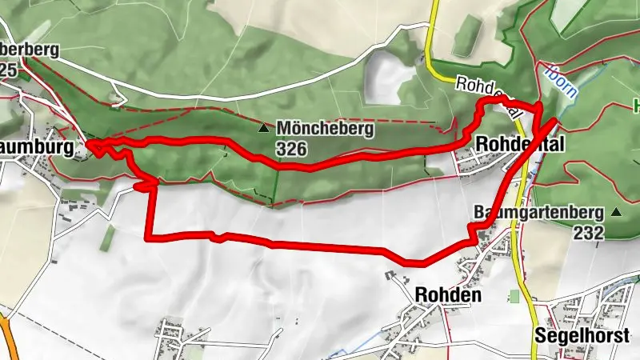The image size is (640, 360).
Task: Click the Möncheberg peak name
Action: point(325,128)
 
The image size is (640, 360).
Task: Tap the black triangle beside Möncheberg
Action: point(263,128)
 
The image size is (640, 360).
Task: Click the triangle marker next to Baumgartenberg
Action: point(616,212)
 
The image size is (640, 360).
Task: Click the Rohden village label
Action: point(448,294)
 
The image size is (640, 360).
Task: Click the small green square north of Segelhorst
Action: point(514,297)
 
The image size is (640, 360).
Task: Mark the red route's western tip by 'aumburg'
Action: point(89,146)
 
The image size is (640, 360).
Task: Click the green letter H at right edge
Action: point(636,104)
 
